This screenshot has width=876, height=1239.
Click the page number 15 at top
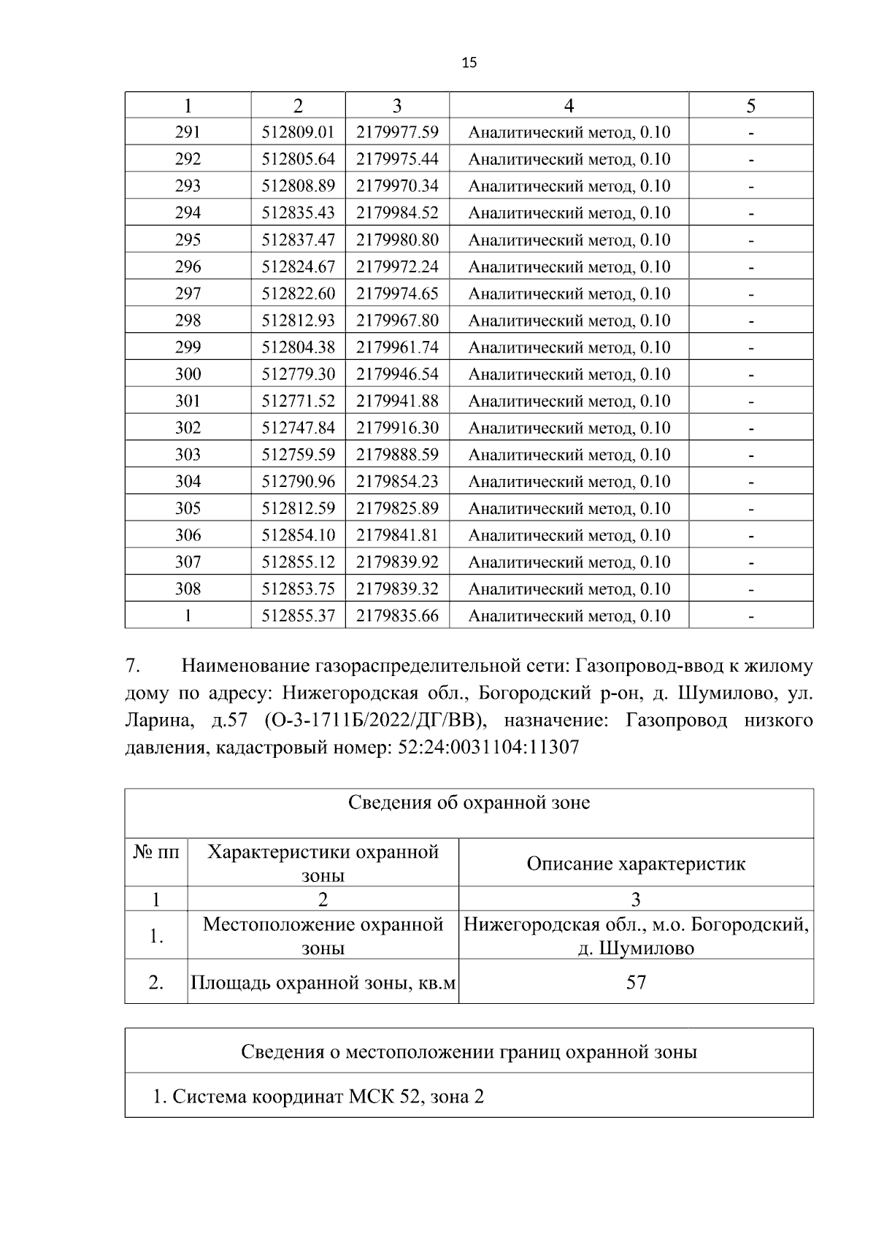tap(469, 63)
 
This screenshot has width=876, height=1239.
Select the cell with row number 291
tap(188, 132)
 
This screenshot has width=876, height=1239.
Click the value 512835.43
tap(298, 212)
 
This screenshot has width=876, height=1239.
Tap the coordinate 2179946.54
tap(397, 374)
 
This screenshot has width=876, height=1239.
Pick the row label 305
tap(188, 508)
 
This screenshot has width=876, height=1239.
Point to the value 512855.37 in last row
tap(298, 615)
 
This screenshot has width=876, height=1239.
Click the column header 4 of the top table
tap(569, 106)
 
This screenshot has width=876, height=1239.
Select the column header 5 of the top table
tap(750, 106)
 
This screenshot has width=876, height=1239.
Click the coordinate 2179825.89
tap(397, 508)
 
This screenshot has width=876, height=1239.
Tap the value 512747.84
tap(298, 428)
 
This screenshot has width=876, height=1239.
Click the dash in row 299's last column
tap(750, 348)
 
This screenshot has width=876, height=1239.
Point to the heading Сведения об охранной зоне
tap(469, 803)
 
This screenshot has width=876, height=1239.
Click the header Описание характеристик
tap(636, 864)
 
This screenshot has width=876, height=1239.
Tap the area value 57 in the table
tap(636, 982)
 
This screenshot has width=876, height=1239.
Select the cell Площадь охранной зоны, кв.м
tap(323, 983)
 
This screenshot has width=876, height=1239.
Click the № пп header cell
tap(156, 852)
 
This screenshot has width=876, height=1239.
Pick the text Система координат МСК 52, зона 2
tap(318, 1096)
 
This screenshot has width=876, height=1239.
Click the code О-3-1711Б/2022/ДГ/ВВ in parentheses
tap(372, 721)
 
